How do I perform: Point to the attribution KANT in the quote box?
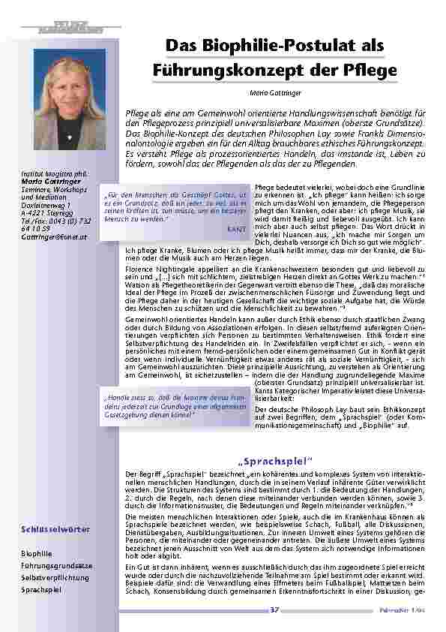235,227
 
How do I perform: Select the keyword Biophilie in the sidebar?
37,553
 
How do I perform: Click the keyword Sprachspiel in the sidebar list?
41,590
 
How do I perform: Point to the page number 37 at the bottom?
275,609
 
